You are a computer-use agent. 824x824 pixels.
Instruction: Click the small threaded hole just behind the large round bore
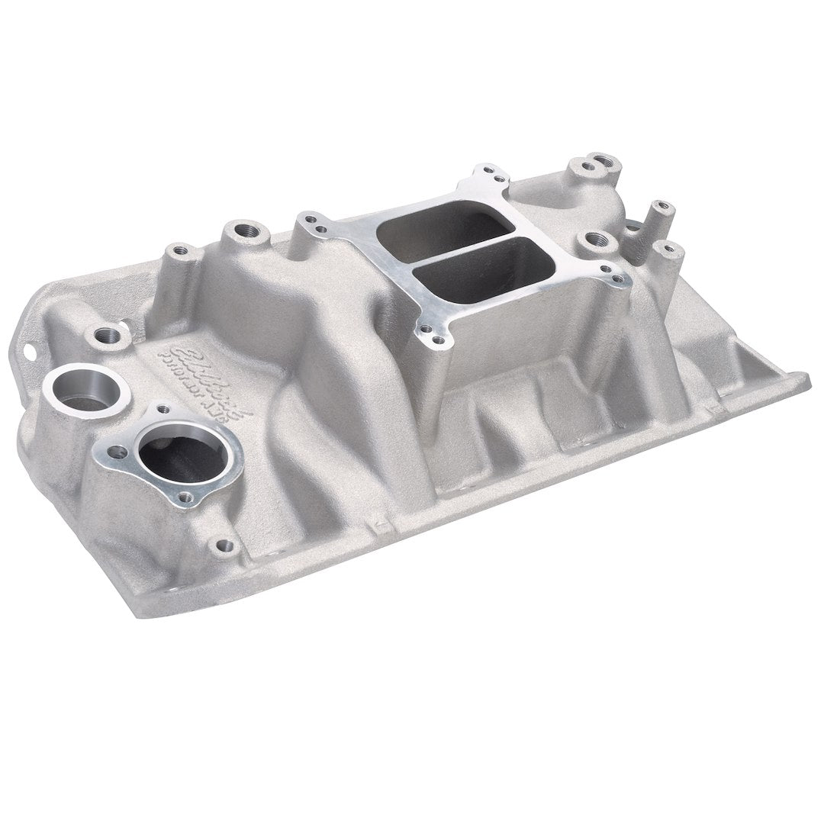tap(108, 335)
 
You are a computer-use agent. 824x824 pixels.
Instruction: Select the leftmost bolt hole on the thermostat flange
tap(117, 452)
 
